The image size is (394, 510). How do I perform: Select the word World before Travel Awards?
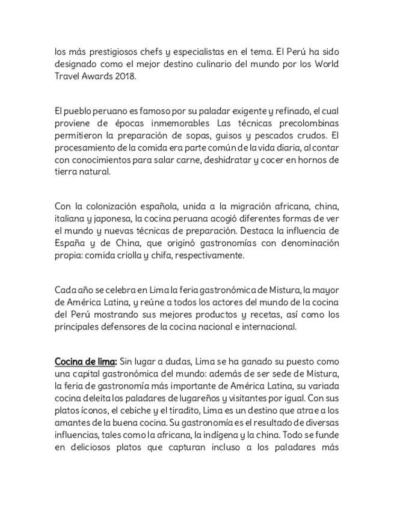coord(325,64)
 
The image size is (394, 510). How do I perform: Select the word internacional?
coord(268,327)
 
